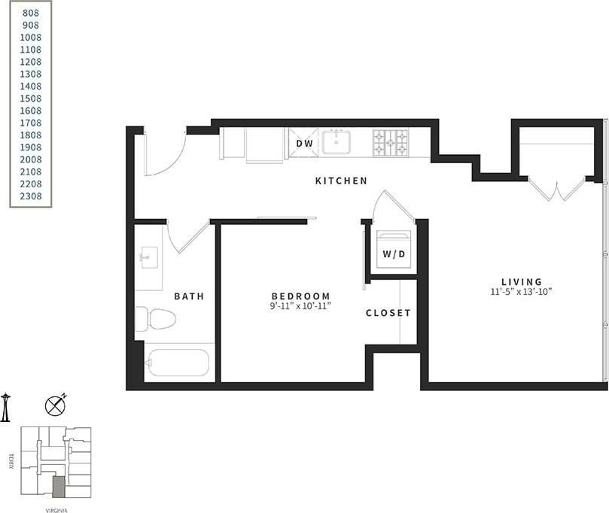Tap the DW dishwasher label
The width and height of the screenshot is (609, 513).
304,143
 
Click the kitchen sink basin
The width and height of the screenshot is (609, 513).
336,141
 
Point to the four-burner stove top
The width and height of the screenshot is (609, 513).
391,143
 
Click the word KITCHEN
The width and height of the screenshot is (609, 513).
341,181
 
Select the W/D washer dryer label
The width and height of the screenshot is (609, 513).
394,254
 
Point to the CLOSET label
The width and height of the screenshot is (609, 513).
388,313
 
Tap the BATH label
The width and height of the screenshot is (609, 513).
189,296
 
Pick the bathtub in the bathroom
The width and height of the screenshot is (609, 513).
178,363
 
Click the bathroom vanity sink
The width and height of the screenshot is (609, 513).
148,257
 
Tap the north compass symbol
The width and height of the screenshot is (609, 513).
55,406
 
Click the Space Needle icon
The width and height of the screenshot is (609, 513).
6,406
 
